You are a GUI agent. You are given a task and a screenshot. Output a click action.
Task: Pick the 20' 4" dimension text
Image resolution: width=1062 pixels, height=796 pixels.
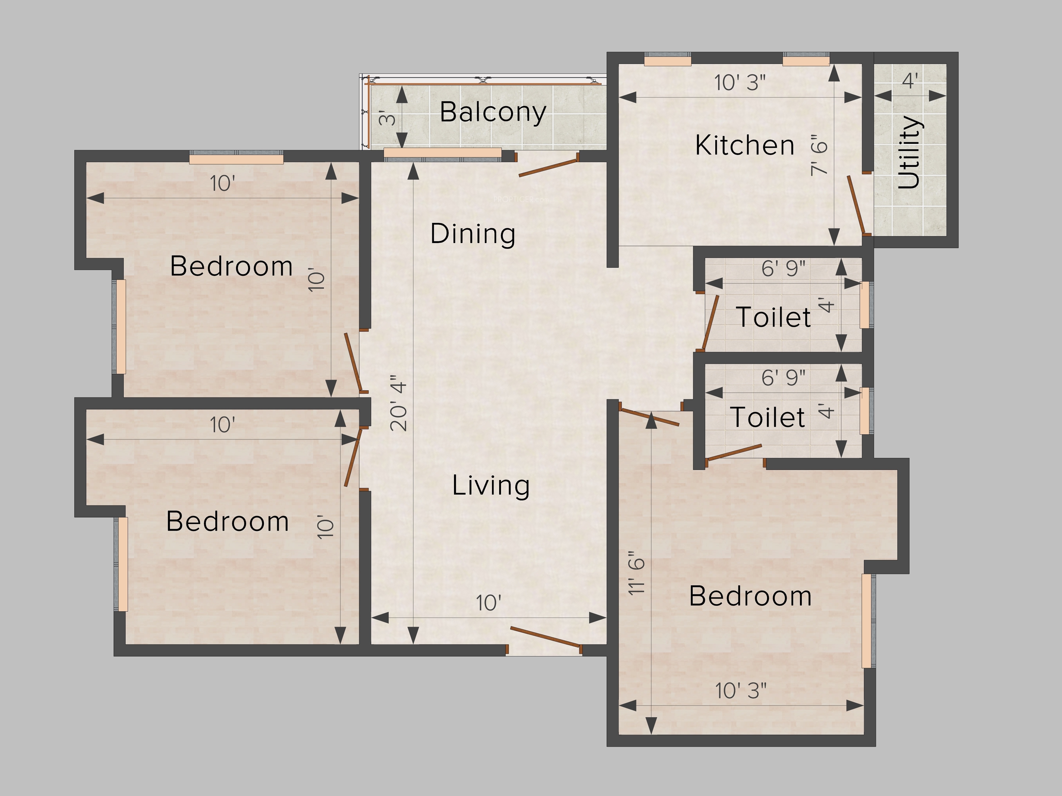[x=399, y=403]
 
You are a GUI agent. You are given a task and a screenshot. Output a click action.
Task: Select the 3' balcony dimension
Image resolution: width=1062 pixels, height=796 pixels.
[x=387, y=118]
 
